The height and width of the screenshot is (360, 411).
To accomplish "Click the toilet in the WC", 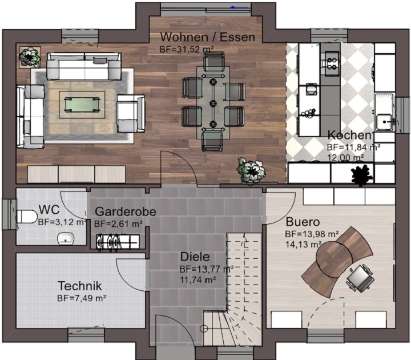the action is pyautogui.click(x=27, y=217).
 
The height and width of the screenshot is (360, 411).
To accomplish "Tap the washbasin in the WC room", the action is pyautogui.click(x=66, y=238).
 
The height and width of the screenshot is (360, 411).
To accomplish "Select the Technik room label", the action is pyautogui.click(x=80, y=286).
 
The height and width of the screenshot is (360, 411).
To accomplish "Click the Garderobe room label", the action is pyautogui.click(x=125, y=211).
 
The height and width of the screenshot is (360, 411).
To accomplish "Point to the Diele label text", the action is pyautogui.click(x=195, y=257).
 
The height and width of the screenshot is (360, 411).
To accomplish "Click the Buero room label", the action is pyautogui.click(x=303, y=222).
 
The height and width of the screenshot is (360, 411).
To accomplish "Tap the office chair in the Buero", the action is pyautogui.click(x=360, y=277).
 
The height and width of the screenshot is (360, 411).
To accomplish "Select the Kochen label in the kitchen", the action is pyautogui.click(x=350, y=135).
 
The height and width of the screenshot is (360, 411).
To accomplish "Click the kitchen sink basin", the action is pyautogui.click(x=385, y=122).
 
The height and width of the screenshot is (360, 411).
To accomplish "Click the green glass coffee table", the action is pyautogui.click(x=82, y=105).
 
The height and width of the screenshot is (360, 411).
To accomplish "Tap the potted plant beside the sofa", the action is pyautogui.click(x=30, y=57).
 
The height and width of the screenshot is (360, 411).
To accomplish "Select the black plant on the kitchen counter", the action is pyautogui.click(x=362, y=174).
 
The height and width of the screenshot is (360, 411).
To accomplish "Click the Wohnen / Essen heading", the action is pyautogui.click(x=208, y=37).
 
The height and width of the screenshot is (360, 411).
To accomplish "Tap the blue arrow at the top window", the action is pyautogui.click(x=239, y=7).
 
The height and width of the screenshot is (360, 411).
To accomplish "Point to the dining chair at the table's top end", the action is pyautogui.click(x=214, y=62).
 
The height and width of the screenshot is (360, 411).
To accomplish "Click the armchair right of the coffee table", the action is pyautogui.click(x=131, y=113).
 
